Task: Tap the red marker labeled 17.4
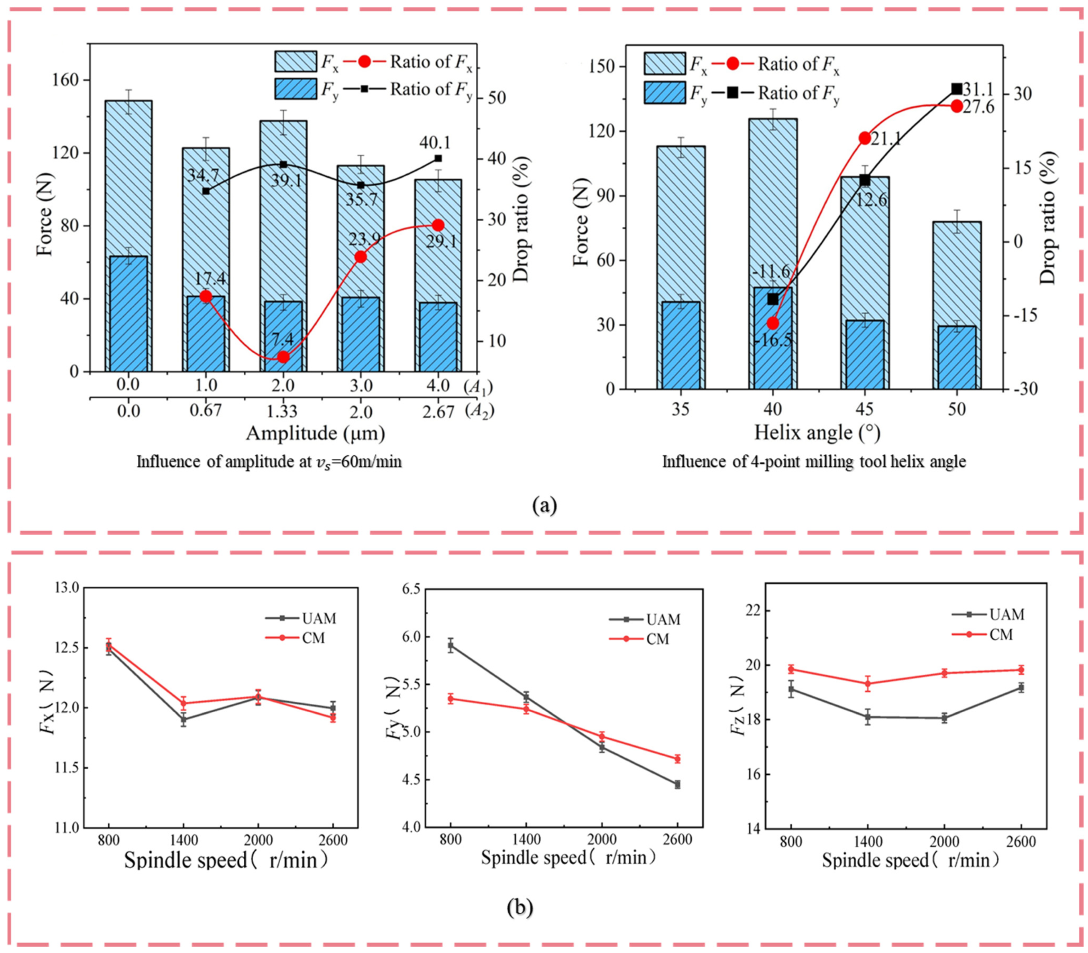click(x=206, y=296)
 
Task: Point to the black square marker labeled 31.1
click(x=957, y=89)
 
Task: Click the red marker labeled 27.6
click(x=957, y=106)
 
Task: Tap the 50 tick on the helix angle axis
click(x=957, y=409)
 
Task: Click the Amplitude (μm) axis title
click(x=315, y=434)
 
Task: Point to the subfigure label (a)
click(x=544, y=504)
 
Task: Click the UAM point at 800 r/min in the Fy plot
click(x=450, y=646)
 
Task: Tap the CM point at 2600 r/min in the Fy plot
click(x=677, y=759)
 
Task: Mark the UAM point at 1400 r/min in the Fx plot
click(x=183, y=719)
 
